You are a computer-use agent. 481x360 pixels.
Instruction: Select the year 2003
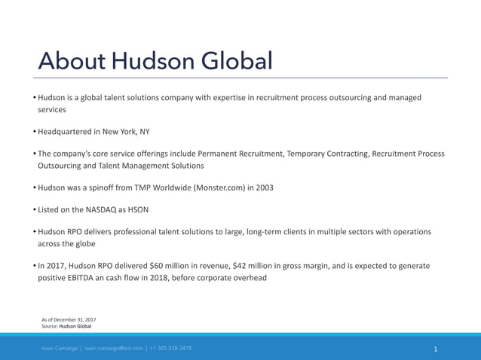click(x=265, y=188)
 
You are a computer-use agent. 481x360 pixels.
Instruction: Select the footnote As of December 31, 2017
click(x=69, y=319)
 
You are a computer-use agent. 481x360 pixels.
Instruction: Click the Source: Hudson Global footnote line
click(x=66, y=326)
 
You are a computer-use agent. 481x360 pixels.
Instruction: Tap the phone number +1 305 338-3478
click(x=170, y=348)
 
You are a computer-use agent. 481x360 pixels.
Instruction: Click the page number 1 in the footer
click(x=436, y=349)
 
